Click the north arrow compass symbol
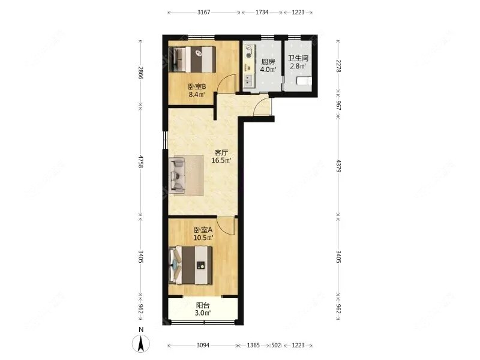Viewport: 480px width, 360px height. pyautogui.click(x=141, y=343)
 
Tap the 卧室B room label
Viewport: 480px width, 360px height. pyautogui.click(x=197, y=86)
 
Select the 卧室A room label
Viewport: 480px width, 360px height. pyautogui.click(x=203, y=230)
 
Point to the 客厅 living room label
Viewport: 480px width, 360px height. pyautogui.click(x=221, y=152)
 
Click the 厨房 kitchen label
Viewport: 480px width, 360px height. pyautogui.click(x=268, y=62)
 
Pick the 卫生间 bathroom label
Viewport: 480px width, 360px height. pyautogui.click(x=298, y=58)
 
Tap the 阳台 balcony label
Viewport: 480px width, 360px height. pyautogui.click(x=203, y=305)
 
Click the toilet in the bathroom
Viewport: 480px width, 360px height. pyautogui.click(x=304, y=81)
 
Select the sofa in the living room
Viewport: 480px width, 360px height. pyautogui.click(x=177, y=175)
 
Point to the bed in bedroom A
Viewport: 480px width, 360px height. pyautogui.click(x=190, y=265)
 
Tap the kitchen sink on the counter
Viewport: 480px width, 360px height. pyautogui.click(x=248, y=81)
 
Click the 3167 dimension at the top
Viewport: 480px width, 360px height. pyautogui.click(x=204, y=12)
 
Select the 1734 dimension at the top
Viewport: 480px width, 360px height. pyautogui.click(x=262, y=12)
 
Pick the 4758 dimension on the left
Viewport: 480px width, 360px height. pyautogui.click(x=140, y=161)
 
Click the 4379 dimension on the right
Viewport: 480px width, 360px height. pyautogui.click(x=338, y=166)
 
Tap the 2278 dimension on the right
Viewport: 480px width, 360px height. pyautogui.click(x=338, y=66)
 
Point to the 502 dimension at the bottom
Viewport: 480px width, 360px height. pyautogui.click(x=276, y=346)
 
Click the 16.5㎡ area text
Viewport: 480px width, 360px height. pyautogui.click(x=221, y=160)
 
